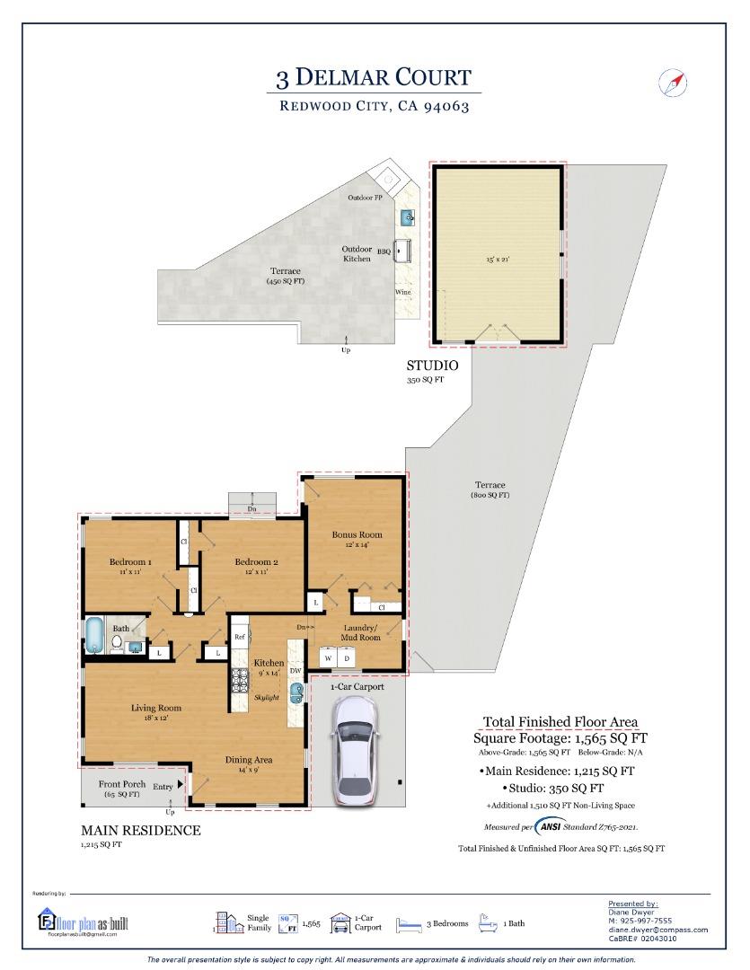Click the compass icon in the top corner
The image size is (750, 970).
[x=673, y=82]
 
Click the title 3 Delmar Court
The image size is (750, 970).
[x=373, y=77]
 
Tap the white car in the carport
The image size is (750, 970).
[x=356, y=750]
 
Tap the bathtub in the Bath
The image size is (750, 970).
[x=93, y=634]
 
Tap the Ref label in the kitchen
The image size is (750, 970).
[x=240, y=637]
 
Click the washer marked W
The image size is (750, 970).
[x=328, y=658]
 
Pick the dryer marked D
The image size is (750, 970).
[x=348, y=658]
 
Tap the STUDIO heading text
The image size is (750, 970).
[x=432, y=366]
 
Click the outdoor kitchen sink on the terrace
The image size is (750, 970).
[x=407, y=216]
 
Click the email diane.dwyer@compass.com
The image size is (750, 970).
[x=657, y=930]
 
